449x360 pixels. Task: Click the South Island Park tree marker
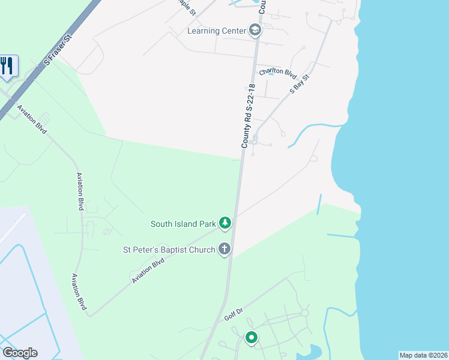pyautogui.click(x=225, y=224)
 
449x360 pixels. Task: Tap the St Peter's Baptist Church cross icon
pyautogui.click(x=224, y=249)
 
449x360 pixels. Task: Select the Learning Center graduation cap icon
pyautogui.click(x=255, y=31)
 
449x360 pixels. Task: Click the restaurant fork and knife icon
pyautogui.click(x=7, y=65)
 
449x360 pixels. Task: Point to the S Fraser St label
pyautogui.click(x=58, y=49)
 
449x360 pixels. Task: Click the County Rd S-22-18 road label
pyautogui.click(x=249, y=116)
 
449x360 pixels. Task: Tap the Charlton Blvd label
pyautogui.click(x=278, y=73)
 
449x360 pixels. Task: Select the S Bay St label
pyautogui.click(x=299, y=83)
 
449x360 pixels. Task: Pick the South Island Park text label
pyautogui.click(x=182, y=224)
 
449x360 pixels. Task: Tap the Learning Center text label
pyautogui.click(x=217, y=31)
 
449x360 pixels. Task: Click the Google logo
pyautogui.click(x=20, y=353)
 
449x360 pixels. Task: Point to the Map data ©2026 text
pyautogui.click(x=423, y=355)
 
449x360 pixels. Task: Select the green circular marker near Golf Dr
pyautogui.click(x=252, y=338)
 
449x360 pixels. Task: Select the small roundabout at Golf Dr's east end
pyautogui.click(x=304, y=313)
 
